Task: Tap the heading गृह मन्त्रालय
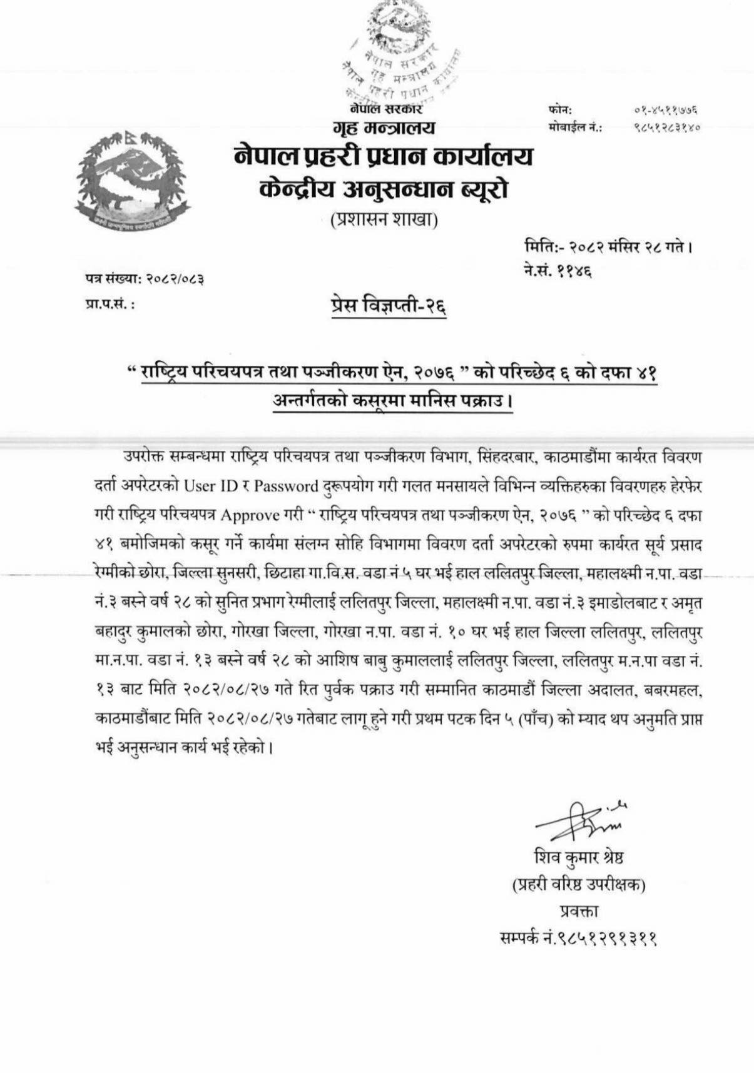[x=385, y=128]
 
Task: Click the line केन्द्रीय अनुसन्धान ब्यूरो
[x=384, y=188]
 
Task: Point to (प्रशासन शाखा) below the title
[x=384, y=220]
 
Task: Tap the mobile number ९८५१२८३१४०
[x=665, y=127]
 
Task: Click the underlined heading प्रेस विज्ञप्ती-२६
[x=389, y=306]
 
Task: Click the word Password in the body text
[x=286, y=486]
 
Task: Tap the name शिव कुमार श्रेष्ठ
[x=579, y=857]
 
